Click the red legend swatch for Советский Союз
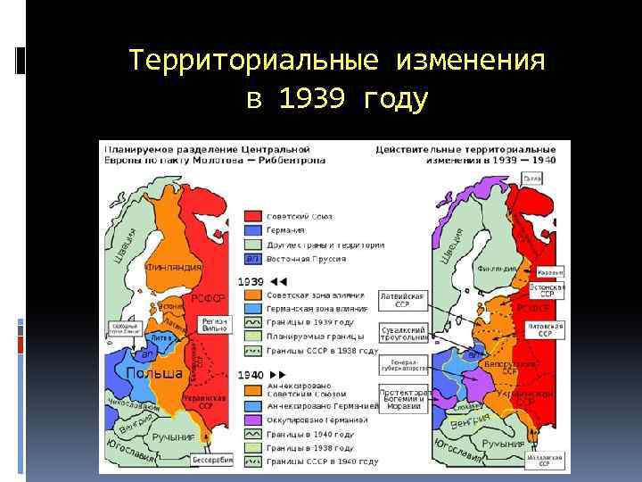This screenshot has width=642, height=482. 252,216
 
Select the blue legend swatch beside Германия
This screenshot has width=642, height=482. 252,230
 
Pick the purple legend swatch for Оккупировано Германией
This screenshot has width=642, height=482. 252,420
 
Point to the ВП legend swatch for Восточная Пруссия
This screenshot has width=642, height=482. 252,258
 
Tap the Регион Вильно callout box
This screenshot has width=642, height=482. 214,324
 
